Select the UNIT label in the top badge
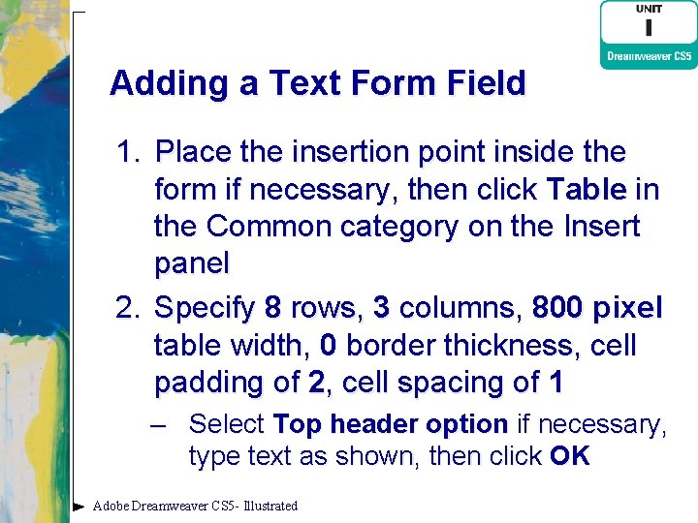click(649, 10)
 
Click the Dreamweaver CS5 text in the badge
click(649, 56)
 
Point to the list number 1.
click(128, 153)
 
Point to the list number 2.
click(128, 309)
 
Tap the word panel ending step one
click(192, 263)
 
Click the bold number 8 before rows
click(272, 309)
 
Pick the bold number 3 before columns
click(382, 309)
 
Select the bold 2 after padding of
click(316, 383)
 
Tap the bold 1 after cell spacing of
click(555, 383)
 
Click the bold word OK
click(569, 456)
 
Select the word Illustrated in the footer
click(271, 506)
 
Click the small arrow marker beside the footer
click(79, 506)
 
